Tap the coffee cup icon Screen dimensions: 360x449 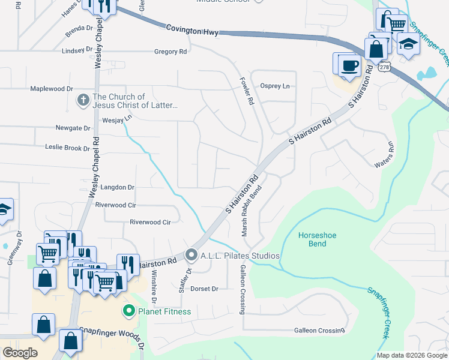pyautogui.click(x=349, y=65)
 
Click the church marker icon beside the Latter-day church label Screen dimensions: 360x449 pyautogui.click(x=84, y=101)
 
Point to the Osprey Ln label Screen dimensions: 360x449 pyautogui.click(x=274, y=86)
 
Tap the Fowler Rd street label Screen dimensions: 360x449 pyautogui.click(x=247, y=91)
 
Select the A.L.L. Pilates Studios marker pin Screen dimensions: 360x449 pyautogui.click(x=192, y=256)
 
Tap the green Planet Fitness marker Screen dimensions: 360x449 pyautogui.click(x=128, y=311)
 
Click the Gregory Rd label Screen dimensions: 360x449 pyautogui.click(x=170, y=52)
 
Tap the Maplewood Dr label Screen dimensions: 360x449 pyautogui.click(x=52, y=89)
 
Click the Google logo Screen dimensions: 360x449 pyautogui.click(x=20, y=352)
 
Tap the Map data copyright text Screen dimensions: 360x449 pyautogui.click(x=412, y=355)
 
